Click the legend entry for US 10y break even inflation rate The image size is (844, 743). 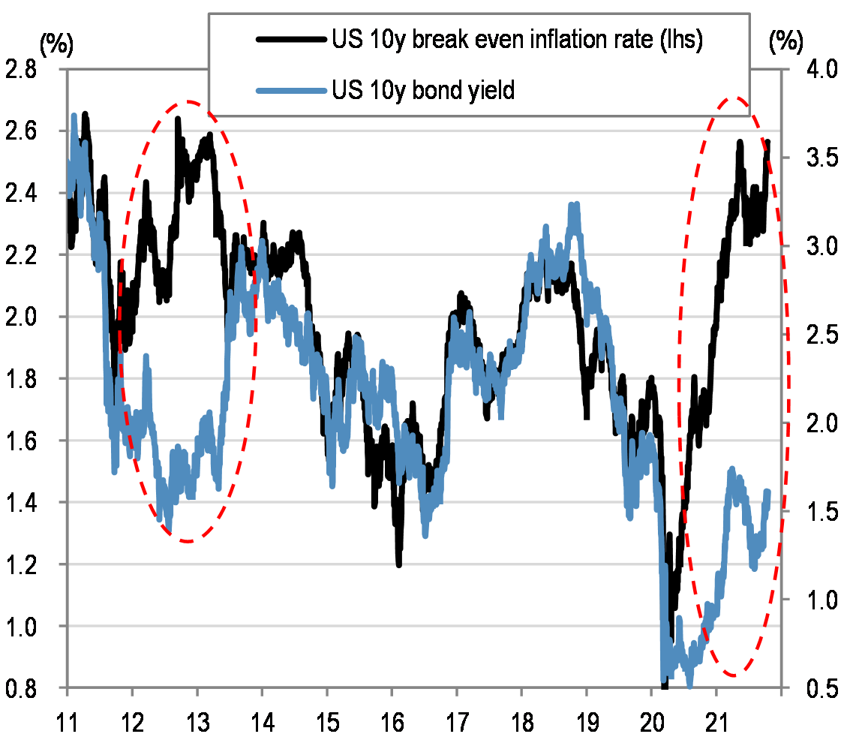pos(518,42)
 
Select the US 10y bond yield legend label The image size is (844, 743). pos(424,91)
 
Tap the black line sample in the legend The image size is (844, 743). pos(293,42)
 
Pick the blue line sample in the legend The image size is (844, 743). pos(293,91)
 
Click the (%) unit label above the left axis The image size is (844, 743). pos(58,44)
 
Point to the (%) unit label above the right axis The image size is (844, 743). pos(787,44)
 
